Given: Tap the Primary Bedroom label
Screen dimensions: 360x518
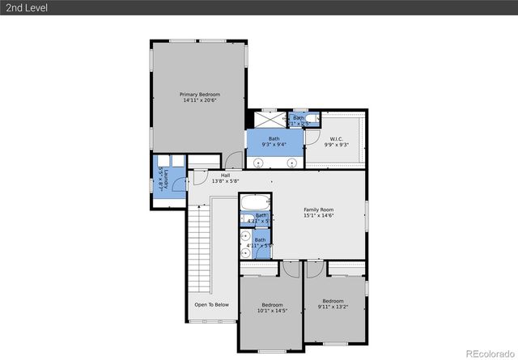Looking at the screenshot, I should (x=199, y=95).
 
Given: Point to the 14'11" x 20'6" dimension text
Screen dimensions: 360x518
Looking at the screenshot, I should (x=199, y=101).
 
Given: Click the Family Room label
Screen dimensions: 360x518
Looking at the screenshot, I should (x=318, y=210).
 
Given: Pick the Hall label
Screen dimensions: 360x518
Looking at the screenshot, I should (x=225, y=175).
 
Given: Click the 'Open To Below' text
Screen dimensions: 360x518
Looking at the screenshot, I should (x=211, y=305).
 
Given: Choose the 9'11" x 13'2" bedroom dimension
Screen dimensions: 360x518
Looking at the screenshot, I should (x=333, y=307).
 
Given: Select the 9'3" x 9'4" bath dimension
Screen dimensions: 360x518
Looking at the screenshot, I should (x=275, y=144).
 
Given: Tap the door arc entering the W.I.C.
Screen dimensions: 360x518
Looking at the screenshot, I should (x=311, y=138).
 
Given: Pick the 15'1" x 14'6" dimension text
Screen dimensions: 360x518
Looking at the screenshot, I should (x=318, y=216).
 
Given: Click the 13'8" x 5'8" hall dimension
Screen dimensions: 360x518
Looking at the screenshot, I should (x=225, y=181).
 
